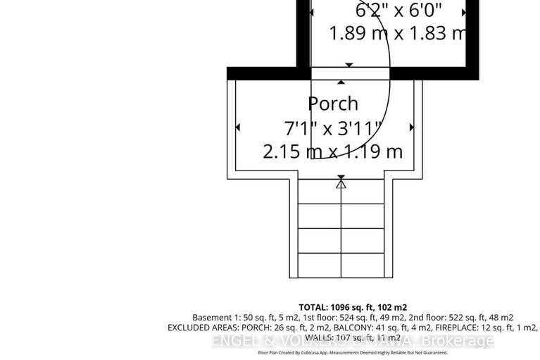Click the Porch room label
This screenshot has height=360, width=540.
[333, 104]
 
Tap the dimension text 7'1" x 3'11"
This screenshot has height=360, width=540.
[332, 128]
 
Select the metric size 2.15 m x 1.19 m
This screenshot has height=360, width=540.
[332, 151]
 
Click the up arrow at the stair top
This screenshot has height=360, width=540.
[341, 185]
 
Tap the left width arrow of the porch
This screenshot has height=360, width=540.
[238, 128]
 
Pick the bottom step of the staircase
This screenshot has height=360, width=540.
[341, 264]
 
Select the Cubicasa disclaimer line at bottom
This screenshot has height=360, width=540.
[353, 352]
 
